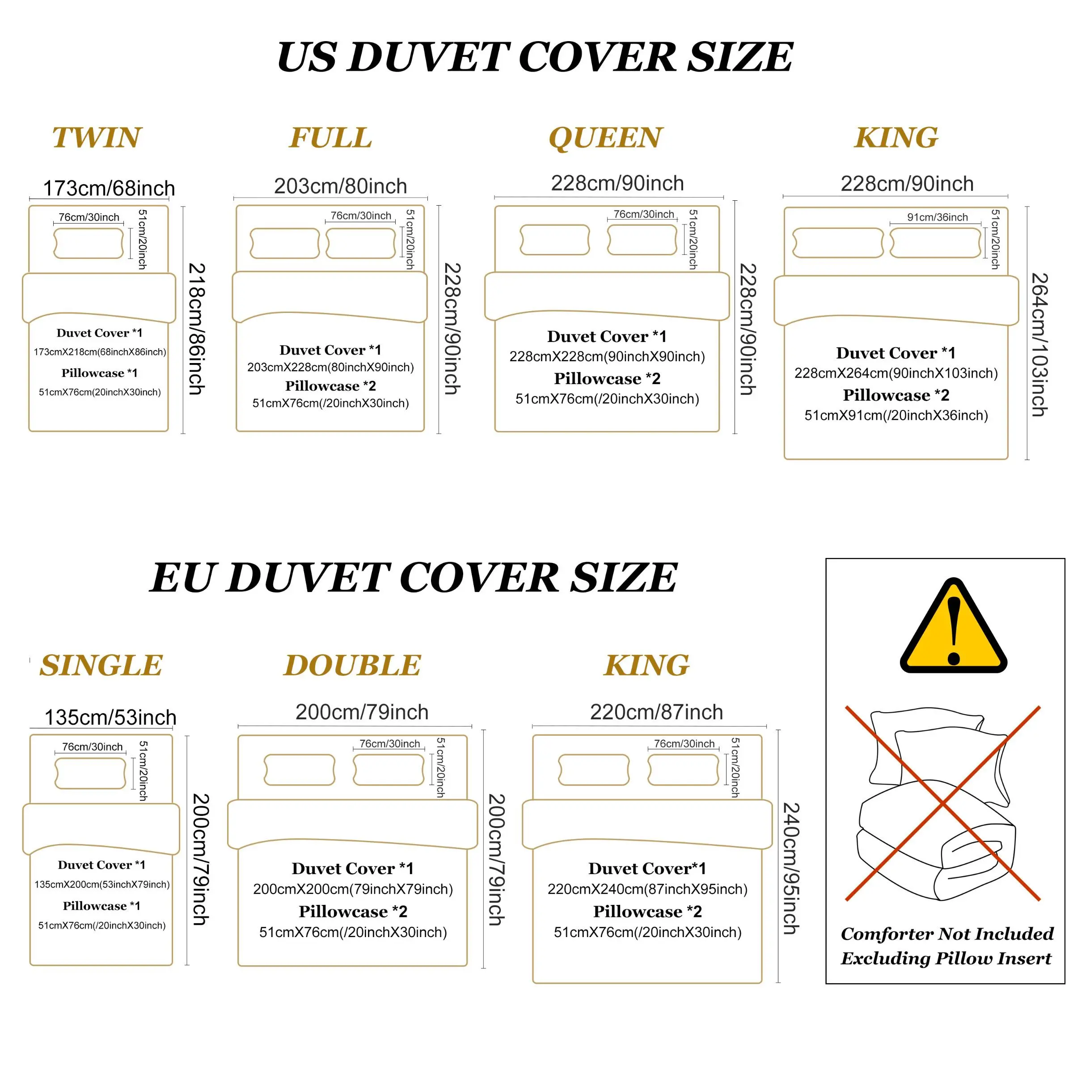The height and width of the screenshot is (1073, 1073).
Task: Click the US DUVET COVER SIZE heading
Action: click(535, 57)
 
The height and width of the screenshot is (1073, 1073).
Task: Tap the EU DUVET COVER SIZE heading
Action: click(413, 578)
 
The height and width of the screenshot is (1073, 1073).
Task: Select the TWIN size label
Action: click(97, 137)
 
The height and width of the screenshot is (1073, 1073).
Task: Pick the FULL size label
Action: click(330, 137)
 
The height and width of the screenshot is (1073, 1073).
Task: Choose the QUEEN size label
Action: click(606, 138)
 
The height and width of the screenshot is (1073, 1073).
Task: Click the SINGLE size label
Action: click(101, 665)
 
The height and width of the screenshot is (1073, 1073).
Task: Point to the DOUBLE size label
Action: click(353, 665)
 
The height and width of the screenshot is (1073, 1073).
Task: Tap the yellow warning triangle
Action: click(954, 625)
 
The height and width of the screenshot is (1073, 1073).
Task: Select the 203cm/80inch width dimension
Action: click(340, 186)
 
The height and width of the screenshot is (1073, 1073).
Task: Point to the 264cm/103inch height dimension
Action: click(1039, 344)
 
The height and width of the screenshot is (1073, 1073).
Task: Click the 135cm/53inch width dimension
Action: click(110, 718)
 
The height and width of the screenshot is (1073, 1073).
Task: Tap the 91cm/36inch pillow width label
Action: click(938, 217)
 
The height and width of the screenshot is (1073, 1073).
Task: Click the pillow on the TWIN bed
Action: click(89, 243)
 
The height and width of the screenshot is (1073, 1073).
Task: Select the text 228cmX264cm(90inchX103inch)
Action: click(896, 373)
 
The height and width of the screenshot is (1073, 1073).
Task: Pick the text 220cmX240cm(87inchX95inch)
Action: click(647, 889)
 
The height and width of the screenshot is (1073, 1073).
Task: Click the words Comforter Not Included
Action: click(947, 934)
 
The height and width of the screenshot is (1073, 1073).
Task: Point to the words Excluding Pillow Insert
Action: click(946, 959)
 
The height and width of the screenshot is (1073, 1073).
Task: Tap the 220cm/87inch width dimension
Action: click(656, 712)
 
